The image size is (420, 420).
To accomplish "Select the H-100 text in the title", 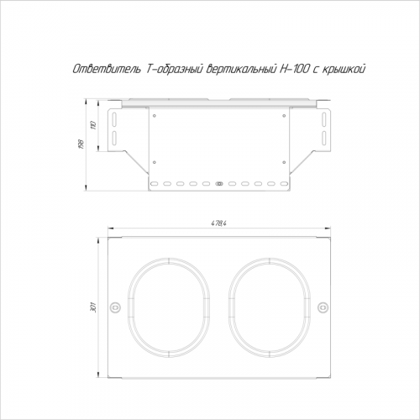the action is (293, 69).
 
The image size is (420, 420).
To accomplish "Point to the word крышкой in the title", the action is (344, 69).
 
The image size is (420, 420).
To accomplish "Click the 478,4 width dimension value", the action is (219, 223).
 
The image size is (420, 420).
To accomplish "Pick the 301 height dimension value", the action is (94, 307).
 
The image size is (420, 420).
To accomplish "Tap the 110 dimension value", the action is (94, 125).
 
